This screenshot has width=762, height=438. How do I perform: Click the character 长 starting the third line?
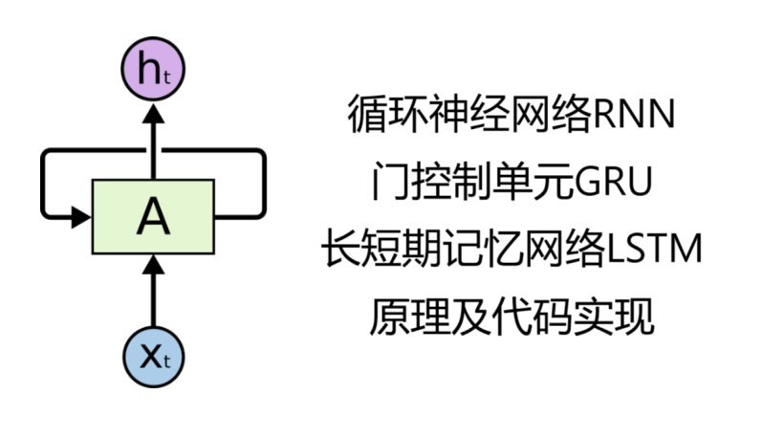click(x=337, y=251)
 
